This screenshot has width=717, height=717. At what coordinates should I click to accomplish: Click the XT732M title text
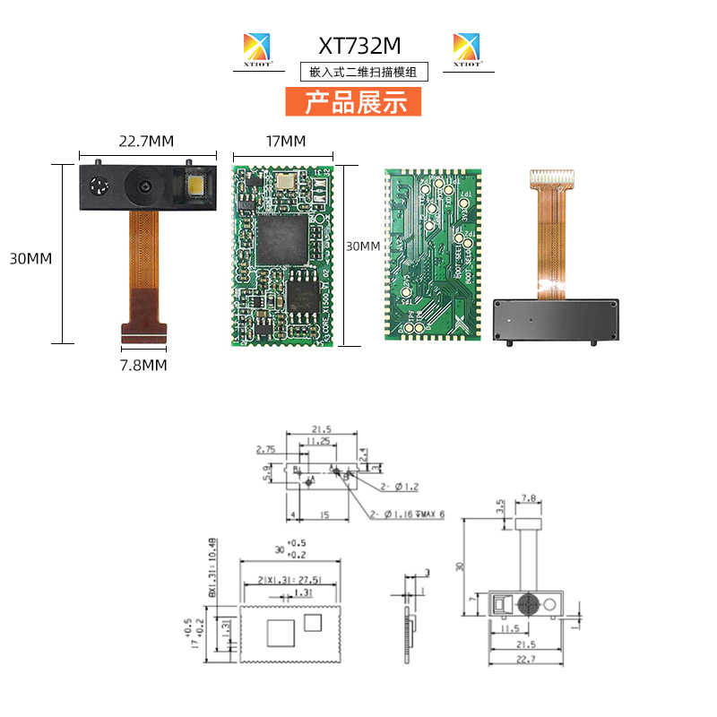click(359, 45)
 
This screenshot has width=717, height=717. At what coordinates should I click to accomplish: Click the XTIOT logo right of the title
click(466, 49)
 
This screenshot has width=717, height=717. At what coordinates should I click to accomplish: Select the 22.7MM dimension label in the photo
click(146, 142)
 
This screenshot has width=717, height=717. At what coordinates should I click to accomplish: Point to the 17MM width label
click(285, 142)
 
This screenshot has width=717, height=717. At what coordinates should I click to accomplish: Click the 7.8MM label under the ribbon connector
click(143, 366)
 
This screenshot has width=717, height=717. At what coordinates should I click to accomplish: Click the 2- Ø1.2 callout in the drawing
click(400, 486)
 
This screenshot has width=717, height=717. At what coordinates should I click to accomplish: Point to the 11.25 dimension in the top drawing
click(316, 442)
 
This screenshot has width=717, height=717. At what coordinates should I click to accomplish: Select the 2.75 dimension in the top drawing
click(265, 448)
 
